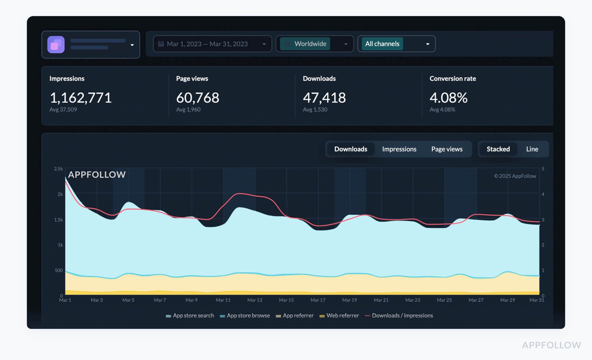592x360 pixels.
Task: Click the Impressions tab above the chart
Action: tap(399, 149)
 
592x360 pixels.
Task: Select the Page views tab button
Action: tap(447, 149)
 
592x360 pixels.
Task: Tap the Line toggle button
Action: tap(532, 149)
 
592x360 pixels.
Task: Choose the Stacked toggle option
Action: tap(498, 149)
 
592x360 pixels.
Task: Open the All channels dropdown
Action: tap(396, 44)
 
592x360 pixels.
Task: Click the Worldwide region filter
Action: tap(314, 44)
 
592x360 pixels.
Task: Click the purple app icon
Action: tap(56, 45)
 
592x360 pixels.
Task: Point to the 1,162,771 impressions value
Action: tap(81, 98)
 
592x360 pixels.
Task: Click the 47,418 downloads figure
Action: tap(324, 98)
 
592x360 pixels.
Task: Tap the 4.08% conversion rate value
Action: tap(448, 98)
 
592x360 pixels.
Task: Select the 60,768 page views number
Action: tap(197, 98)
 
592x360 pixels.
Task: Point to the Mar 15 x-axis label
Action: tap(286, 300)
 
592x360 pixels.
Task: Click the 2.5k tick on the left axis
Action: tap(58, 169)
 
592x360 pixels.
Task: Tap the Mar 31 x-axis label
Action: tap(536, 300)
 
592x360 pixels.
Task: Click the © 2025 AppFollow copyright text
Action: tap(515, 176)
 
